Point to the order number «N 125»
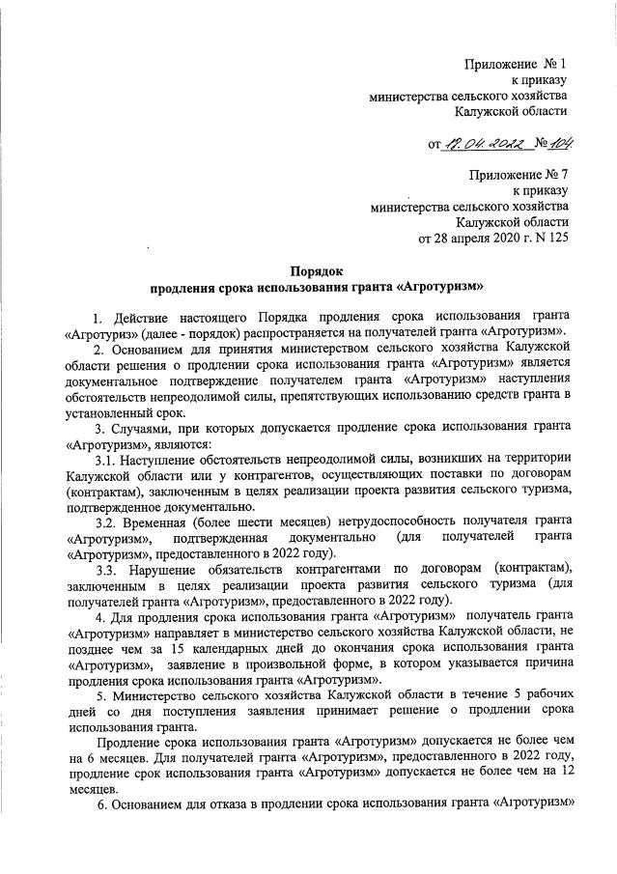click(x=549, y=237)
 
